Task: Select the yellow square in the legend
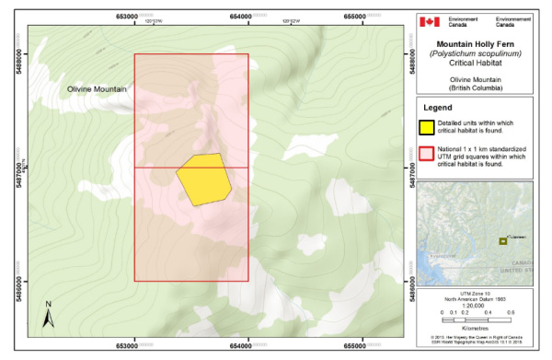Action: [429, 126]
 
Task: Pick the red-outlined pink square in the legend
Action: [429, 154]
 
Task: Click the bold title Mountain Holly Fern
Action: [476, 43]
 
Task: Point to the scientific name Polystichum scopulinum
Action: [476, 54]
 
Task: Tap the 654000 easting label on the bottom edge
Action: [247, 346]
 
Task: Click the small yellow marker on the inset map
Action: [502, 241]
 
